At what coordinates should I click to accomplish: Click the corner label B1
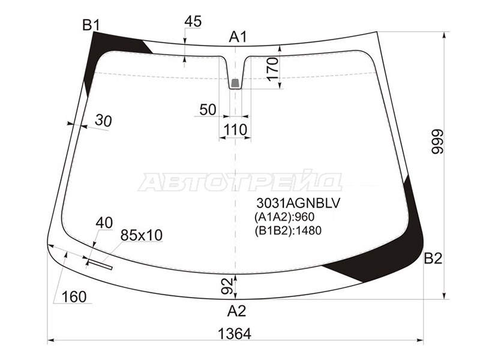pos(91,25)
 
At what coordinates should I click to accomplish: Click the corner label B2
pos(433,259)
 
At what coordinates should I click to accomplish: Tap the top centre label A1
pos(238,37)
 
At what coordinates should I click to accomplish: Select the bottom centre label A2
pos(236,311)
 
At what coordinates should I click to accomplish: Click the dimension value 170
pos(273,70)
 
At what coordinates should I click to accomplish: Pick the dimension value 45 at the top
pos(193,22)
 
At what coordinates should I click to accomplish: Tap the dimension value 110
pos(235,130)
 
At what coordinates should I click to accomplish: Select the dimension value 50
pos(208,109)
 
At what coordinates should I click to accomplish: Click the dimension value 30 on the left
pos(103,121)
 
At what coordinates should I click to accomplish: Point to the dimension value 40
pos(104,223)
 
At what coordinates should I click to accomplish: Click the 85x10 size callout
pos(142,235)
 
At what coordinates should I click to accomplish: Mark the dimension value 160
pos(73,296)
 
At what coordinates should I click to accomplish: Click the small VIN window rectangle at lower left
pos(100,262)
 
